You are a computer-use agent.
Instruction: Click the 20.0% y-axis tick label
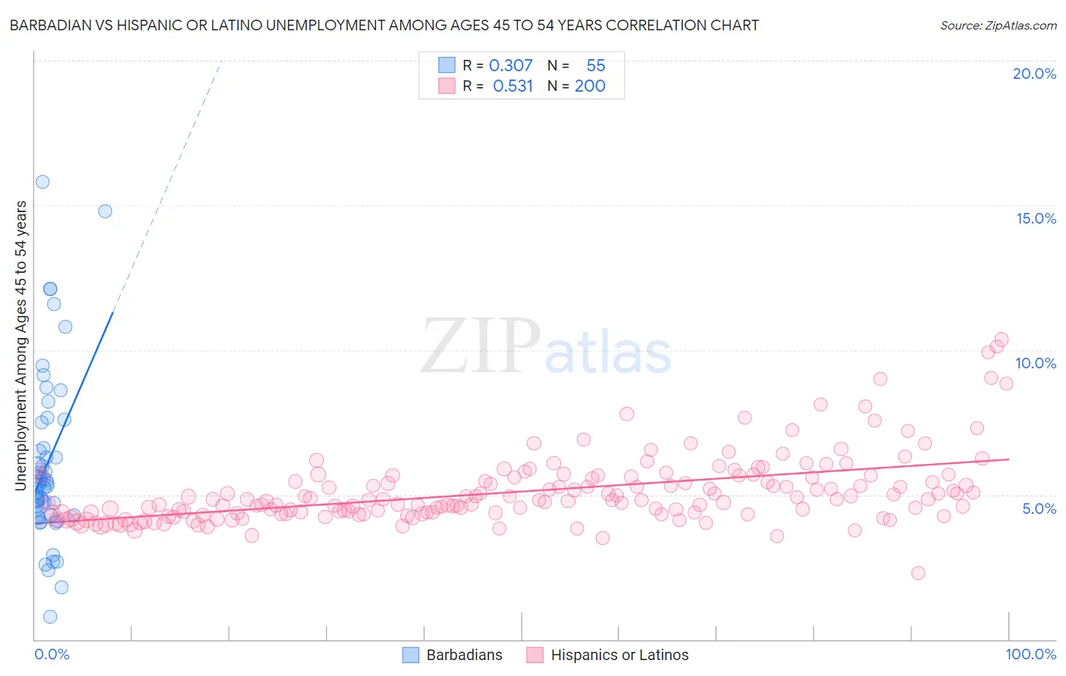(1034, 74)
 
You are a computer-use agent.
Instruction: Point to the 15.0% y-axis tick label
(1036, 218)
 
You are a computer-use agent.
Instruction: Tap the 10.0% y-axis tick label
(1036, 363)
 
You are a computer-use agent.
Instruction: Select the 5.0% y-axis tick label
(1039, 509)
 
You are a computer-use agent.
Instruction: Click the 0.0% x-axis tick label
(52, 654)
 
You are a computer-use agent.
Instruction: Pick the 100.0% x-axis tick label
(1030, 654)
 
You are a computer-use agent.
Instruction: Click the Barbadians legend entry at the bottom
(464, 655)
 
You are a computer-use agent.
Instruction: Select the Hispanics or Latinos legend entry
(619, 655)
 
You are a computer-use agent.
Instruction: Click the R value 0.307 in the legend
(510, 66)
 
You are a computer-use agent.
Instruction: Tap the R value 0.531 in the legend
(513, 86)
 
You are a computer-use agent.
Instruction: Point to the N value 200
(590, 86)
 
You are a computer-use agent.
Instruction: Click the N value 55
(595, 66)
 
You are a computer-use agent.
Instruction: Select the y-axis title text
(20, 345)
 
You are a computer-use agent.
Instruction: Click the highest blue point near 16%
(42, 182)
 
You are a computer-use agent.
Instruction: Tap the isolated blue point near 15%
(105, 211)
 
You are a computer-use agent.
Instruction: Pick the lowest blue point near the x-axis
(50, 617)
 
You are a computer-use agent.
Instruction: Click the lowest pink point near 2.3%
(918, 573)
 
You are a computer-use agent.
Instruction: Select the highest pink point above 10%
(1001, 340)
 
